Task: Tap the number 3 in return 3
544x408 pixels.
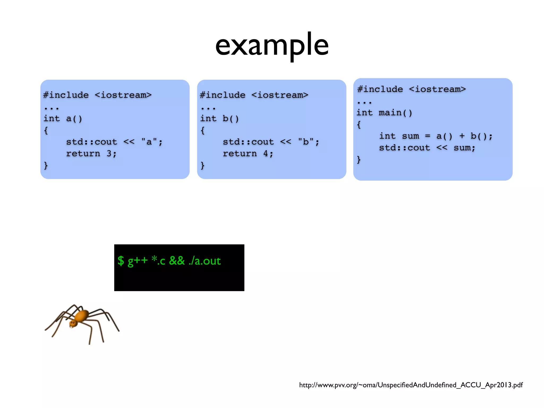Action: (109, 154)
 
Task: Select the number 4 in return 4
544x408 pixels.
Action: (266, 154)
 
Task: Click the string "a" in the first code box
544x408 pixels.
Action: (149, 142)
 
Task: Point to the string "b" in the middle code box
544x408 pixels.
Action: (306, 142)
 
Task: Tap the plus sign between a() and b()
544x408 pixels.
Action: (462, 136)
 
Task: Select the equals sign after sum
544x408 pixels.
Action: (427, 136)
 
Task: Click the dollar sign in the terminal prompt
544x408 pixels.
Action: (121, 261)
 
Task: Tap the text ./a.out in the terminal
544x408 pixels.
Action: (205, 261)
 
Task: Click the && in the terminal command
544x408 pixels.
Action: (177, 261)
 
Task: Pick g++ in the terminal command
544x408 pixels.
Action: (137, 261)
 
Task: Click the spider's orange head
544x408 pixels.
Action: (73, 323)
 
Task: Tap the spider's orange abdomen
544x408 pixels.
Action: (82, 316)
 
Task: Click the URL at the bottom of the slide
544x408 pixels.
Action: (411, 385)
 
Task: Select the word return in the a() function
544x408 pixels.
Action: (83, 154)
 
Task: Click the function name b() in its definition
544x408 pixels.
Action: (231, 118)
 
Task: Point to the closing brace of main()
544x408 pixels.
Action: (359, 160)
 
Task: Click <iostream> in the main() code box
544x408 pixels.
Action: (437, 89)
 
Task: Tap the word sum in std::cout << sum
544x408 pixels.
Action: (464, 148)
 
